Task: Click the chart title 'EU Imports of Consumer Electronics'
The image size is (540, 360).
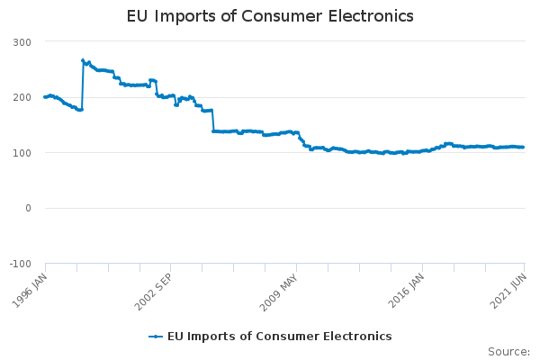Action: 270,16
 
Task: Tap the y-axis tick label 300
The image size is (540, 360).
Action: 22,42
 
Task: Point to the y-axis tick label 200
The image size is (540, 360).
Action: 22,97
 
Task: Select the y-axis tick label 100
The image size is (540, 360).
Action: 22,153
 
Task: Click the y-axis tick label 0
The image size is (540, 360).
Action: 28,208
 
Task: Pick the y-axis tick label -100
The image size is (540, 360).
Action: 21,264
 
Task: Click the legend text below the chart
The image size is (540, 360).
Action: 279,336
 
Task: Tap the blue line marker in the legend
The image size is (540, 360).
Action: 157,336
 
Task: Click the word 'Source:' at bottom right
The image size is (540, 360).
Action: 508,351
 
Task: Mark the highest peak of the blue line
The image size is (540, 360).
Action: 83,60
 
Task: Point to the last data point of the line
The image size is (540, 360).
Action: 523,147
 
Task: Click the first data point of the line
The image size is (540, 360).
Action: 45,96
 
